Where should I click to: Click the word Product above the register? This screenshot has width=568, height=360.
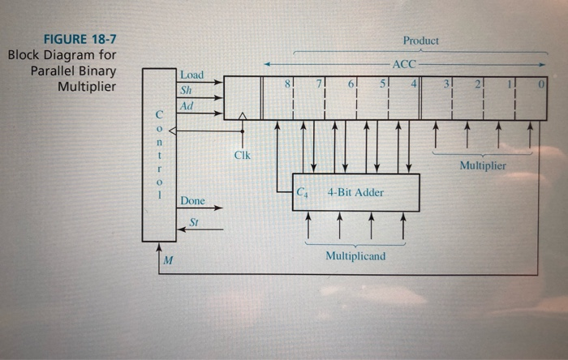420,41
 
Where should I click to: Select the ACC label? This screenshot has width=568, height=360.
404,63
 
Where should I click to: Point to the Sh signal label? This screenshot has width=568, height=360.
188,90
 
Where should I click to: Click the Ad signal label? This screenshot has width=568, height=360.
188,105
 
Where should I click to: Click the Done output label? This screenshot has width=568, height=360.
192,200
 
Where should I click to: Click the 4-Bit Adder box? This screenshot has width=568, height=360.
356,193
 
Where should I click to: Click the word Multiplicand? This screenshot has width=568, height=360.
355,255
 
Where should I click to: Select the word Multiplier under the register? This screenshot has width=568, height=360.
482,165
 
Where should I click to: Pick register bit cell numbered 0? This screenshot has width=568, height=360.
532,97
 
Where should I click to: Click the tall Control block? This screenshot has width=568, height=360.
158,154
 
